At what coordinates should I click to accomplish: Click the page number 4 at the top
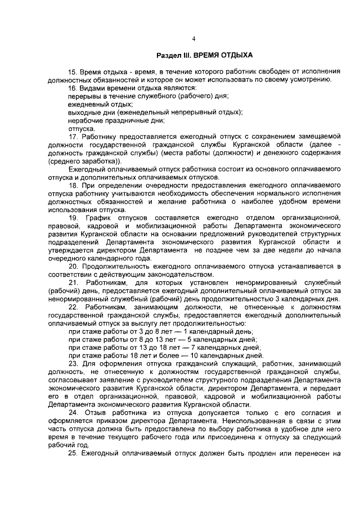click(193, 39)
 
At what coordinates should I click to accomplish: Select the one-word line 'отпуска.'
click(82, 129)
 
